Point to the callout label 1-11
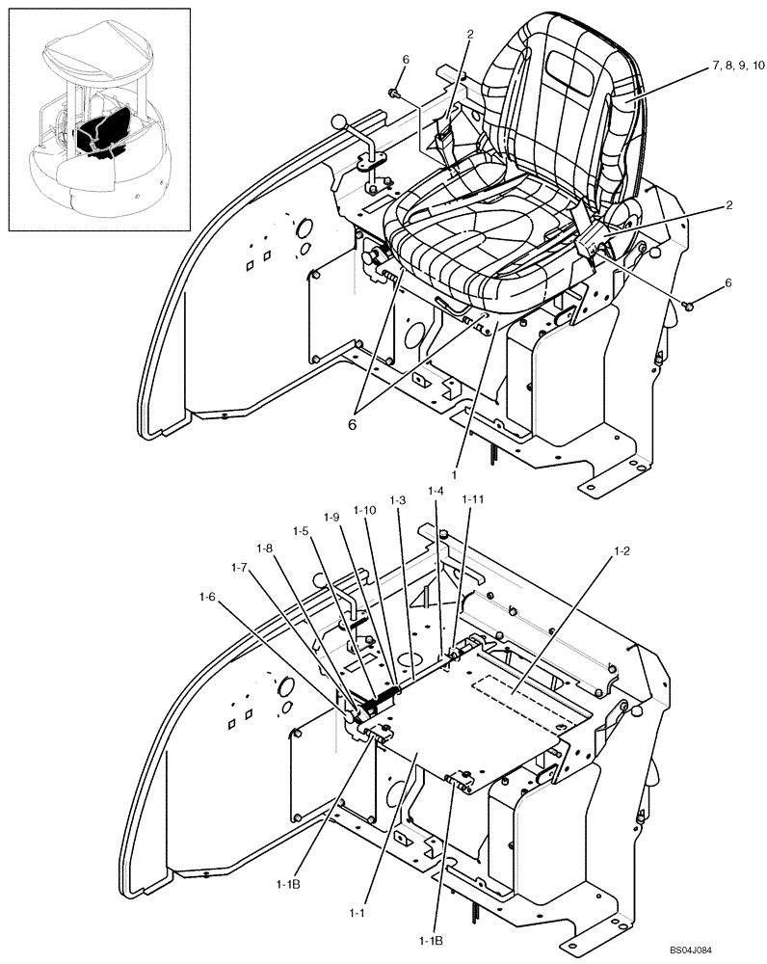coord(472,500)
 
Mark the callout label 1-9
coord(332,518)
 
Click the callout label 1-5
coord(303,530)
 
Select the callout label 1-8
coord(266,549)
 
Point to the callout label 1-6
coord(205,598)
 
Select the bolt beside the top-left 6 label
coord(395,93)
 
